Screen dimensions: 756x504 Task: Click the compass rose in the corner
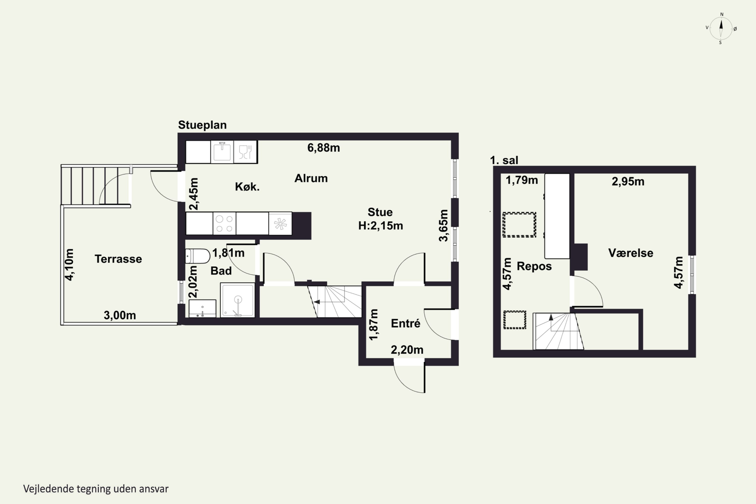point(721,28)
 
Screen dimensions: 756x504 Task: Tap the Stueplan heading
point(202,125)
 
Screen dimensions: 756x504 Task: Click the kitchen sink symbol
point(222,152)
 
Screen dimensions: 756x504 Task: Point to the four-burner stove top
point(224,223)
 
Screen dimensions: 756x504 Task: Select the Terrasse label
point(118,259)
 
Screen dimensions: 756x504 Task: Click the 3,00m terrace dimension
point(119,315)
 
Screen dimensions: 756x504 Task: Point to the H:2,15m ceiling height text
point(381,226)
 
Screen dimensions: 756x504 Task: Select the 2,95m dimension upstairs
point(628,182)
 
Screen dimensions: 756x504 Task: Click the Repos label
point(534,266)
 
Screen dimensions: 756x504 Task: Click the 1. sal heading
point(504,160)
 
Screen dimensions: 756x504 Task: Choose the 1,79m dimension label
point(522,180)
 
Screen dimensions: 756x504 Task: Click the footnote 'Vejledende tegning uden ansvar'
point(96,489)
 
